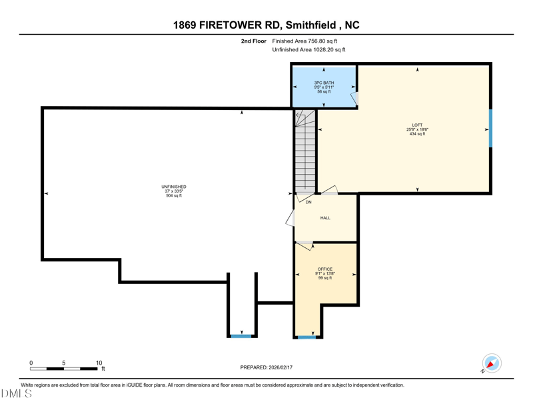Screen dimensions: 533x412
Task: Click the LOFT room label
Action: [x=417, y=125]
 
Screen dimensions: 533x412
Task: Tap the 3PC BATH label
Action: [x=324, y=83]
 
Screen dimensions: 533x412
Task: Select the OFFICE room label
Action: [x=325, y=269]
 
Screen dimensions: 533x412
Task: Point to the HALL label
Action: [x=325, y=218]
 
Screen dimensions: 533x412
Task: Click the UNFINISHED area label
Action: [x=174, y=187]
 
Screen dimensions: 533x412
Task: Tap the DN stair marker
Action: [x=308, y=202]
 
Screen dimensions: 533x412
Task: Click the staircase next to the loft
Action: [x=305, y=151]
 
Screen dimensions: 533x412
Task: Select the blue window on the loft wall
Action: [x=490, y=128]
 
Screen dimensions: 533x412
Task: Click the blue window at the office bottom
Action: [x=306, y=337]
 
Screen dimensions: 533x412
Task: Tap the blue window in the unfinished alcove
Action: [x=241, y=336]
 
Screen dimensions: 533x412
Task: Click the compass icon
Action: [x=492, y=363]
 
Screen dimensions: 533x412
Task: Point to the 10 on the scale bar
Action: [x=99, y=363]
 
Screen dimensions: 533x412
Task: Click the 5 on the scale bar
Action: [x=63, y=363]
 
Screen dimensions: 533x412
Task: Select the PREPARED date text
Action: [x=266, y=367]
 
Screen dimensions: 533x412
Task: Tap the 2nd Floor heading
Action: [x=254, y=41]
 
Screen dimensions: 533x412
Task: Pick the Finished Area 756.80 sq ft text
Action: [x=304, y=41]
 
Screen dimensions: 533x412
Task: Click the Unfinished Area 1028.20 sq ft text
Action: [x=308, y=50]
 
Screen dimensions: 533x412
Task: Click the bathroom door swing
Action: [x=354, y=98]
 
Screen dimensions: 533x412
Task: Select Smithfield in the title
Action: [x=310, y=25]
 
